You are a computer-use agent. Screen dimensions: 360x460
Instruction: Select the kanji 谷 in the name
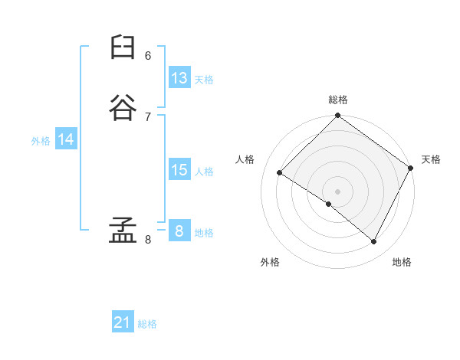(123, 109)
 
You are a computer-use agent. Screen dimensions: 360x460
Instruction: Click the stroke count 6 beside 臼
(148, 55)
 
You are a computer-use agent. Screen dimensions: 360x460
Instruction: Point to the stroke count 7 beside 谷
(148, 116)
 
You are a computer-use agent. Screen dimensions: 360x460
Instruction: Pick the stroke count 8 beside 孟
(148, 240)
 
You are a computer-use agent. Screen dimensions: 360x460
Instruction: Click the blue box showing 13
(179, 78)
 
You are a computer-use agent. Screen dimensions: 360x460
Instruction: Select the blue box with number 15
(179, 170)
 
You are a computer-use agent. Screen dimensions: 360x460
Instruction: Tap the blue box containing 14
(66, 139)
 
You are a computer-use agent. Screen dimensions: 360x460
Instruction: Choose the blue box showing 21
(123, 322)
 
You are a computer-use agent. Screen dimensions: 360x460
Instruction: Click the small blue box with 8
(179, 231)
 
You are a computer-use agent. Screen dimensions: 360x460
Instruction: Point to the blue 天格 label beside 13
(204, 80)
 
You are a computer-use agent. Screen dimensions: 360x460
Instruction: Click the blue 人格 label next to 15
(204, 172)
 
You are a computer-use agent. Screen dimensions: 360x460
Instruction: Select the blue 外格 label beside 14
(41, 141)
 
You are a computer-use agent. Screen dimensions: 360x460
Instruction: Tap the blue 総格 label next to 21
(147, 324)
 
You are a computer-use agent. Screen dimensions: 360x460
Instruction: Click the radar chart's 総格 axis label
(338, 100)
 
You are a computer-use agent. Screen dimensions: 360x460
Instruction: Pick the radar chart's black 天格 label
(431, 159)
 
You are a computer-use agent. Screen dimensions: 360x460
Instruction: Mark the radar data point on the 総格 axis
(338, 116)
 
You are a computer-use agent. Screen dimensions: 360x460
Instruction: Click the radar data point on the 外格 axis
(329, 204)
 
